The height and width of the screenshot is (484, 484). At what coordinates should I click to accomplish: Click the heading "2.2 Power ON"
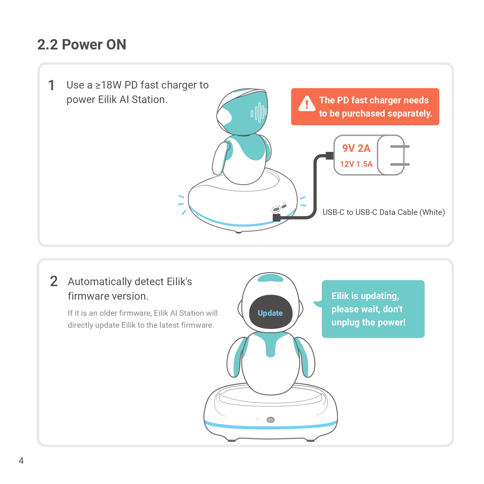(82, 44)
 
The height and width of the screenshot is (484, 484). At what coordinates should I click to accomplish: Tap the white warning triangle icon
(307, 104)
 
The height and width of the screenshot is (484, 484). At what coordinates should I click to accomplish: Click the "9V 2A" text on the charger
(356, 148)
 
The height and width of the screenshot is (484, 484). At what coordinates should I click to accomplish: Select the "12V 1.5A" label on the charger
(356, 164)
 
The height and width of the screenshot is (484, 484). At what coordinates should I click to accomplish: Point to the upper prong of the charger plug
(400, 147)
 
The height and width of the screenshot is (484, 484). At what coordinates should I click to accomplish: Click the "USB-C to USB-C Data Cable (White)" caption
(383, 212)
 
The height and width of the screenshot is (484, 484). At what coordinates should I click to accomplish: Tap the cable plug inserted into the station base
(276, 218)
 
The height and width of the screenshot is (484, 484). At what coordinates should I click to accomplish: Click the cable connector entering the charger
(330, 156)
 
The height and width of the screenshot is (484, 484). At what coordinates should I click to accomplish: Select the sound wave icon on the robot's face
(259, 112)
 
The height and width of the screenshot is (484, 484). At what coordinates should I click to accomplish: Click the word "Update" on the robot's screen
(270, 313)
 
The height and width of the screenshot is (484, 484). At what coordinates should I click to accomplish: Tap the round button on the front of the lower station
(271, 420)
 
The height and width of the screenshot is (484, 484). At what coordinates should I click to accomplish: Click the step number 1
(51, 85)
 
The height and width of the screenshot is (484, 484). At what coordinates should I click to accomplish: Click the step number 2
(54, 281)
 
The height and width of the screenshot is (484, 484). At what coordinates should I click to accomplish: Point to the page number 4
(21, 461)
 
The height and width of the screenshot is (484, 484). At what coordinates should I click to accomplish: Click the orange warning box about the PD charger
(365, 107)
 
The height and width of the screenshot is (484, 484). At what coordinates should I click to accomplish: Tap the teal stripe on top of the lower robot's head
(270, 278)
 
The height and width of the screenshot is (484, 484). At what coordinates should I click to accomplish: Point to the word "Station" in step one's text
(149, 100)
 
